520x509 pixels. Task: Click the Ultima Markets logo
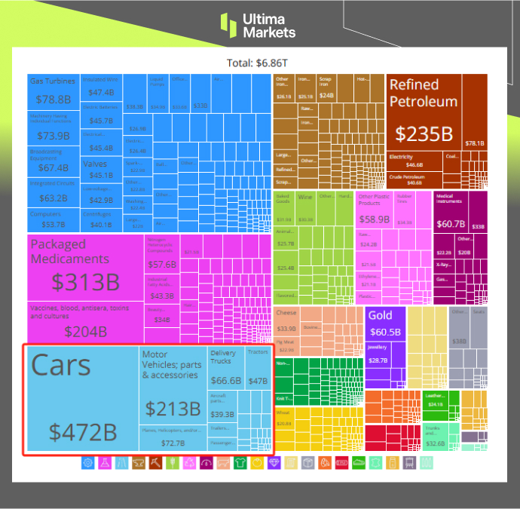pos(258,25)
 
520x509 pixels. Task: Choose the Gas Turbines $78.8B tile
pos(53,91)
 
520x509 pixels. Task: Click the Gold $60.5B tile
pos(385,324)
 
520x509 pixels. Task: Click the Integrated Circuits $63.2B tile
pos(53,192)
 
